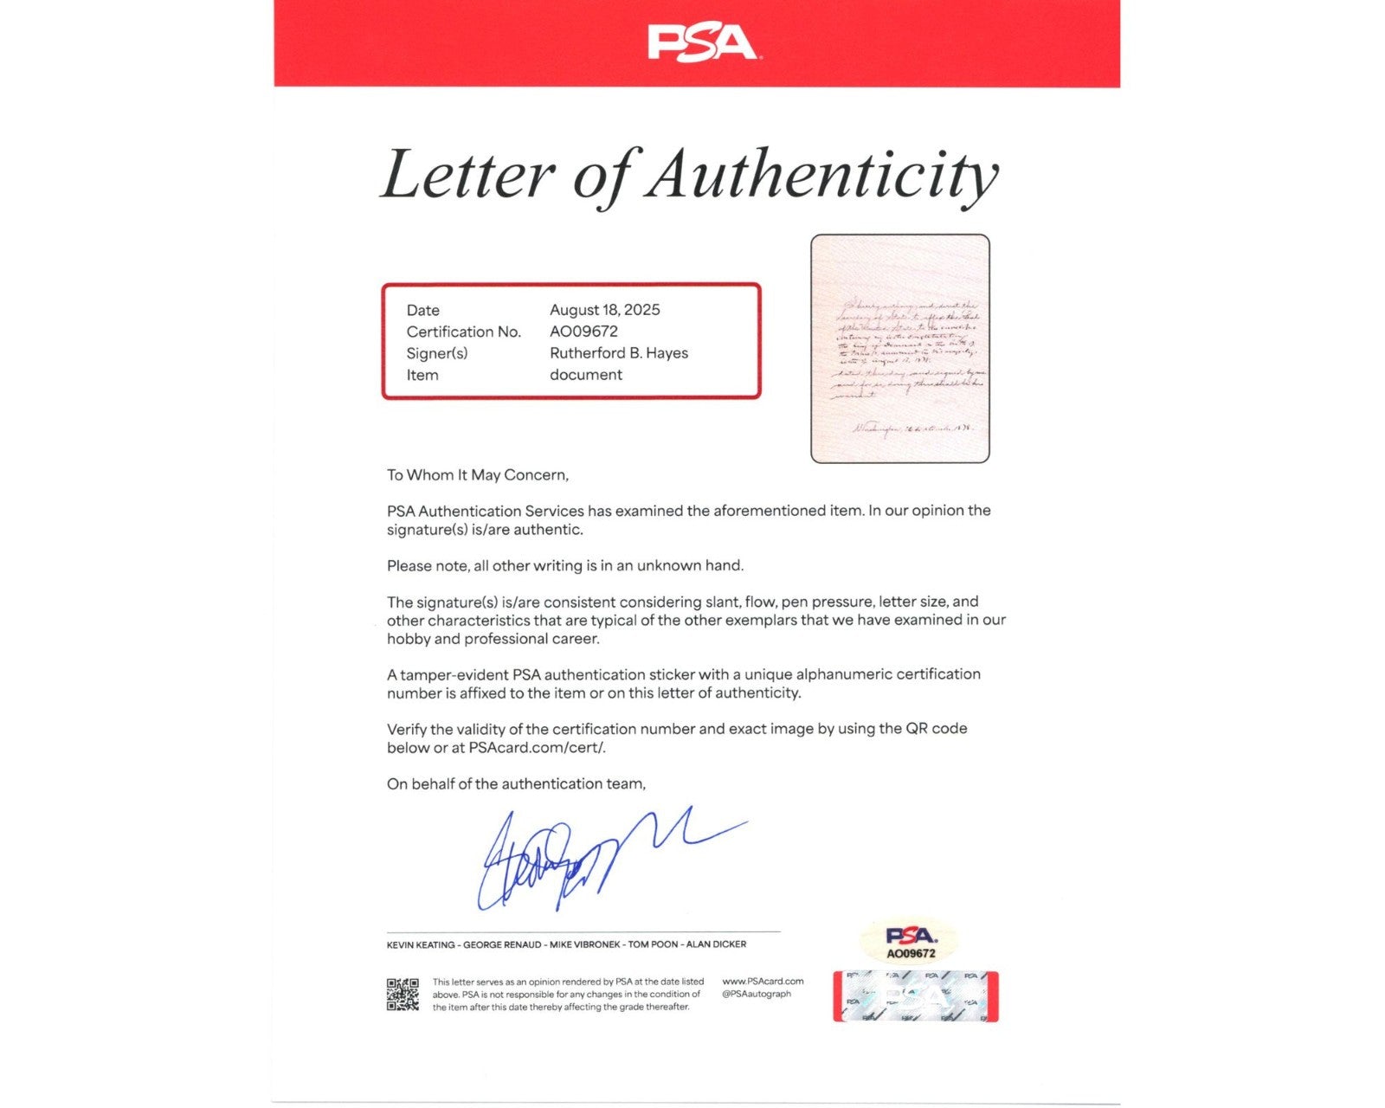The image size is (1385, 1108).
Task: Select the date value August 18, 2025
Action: [604, 310]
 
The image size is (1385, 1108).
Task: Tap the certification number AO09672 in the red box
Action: [583, 332]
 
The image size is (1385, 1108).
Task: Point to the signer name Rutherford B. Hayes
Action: [618, 353]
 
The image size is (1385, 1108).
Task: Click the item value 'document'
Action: [585, 375]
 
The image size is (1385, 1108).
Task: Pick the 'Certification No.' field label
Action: [463, 332]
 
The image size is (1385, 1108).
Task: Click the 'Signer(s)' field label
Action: [436, 353]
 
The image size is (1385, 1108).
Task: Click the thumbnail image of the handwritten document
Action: [899, 348]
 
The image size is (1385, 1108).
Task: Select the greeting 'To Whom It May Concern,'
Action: [477, 475]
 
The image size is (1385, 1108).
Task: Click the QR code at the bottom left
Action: [403, 995]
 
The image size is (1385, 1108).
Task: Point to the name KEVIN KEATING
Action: [421, 944]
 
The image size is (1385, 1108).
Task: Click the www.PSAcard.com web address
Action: [763, 982]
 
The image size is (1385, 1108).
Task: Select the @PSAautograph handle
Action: [757, 995]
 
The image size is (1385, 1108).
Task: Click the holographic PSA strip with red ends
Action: [915, 996]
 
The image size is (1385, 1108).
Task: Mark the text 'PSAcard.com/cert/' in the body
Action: [537, 748]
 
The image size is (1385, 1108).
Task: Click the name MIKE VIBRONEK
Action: [585, 944]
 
